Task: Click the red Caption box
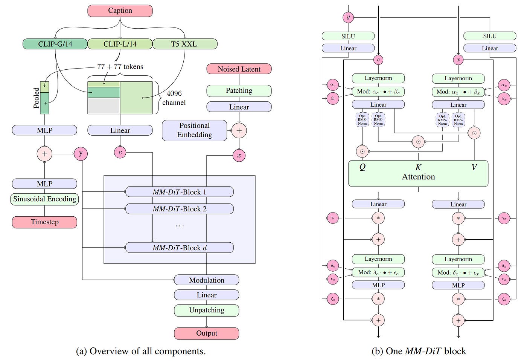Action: pyautogui.click(x=120, y=11)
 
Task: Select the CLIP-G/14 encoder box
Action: pyautogui.click(x=55, y=44)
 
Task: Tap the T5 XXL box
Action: pyautogui.click(x=184, y=44)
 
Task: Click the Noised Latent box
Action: pyautogui.click(x=239, y=69)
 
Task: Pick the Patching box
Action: pyautogui.click(x=239, y=90)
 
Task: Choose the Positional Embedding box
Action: pyautogui.click(x=194, y=130)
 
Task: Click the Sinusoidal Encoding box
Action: pyautogui.click(x=44, y=199)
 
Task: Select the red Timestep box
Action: pyautogui.click(x=44, y=222)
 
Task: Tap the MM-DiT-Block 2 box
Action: pyautogui.click(x=180, y=209)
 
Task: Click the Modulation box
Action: pyautogui.click(x=206, y=280)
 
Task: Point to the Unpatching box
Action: pyautogui.click(x=206, y=310)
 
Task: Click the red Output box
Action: pyautogui.click(x=206, y=333)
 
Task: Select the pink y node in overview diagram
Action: pyautogui.click(x=81, y=153)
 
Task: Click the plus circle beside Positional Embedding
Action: pyautogui.click(x=239, y=131)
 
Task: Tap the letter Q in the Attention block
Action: pyautogui.click(x=362, y=167)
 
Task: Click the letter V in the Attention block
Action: pyautogui.click(x=474, y=167)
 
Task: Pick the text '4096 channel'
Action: pyautogui.click(x=174, y=98)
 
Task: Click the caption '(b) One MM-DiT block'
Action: pyautogui.click(x=419, y=351)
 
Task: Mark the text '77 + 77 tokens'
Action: pyautogui.click(x=120, y=67)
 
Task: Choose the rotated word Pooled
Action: pyautogui.click(x=37, y=98)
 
